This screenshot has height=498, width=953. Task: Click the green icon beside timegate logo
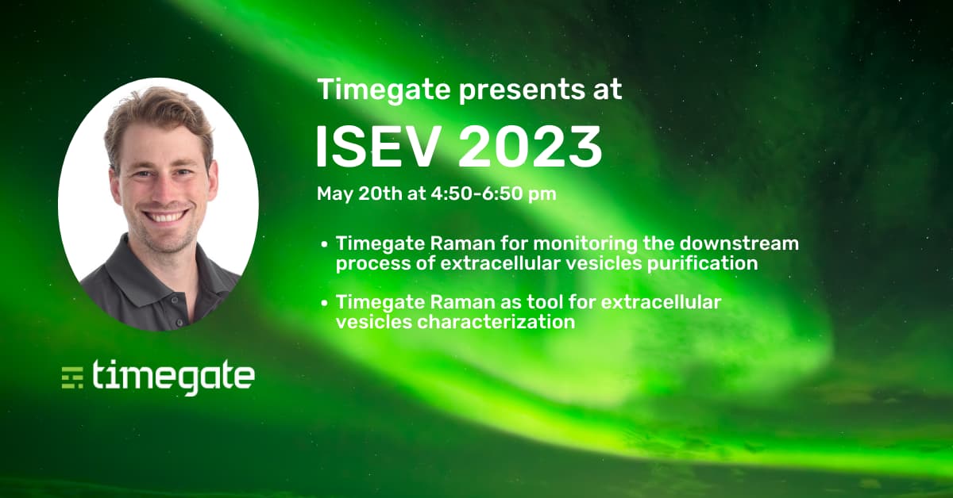[x=73, y=377]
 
